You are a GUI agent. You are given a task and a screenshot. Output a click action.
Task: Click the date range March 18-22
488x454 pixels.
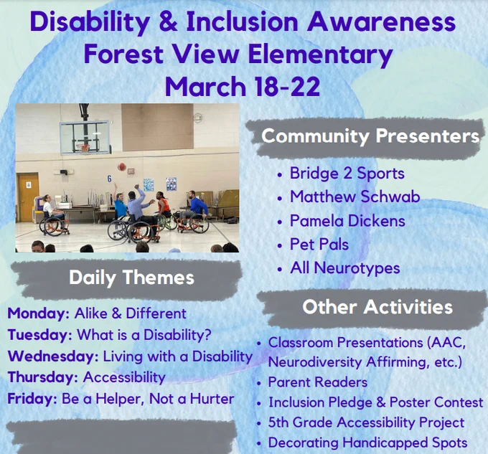(243, 86)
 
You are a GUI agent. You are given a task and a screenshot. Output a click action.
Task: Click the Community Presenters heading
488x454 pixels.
(370, 136)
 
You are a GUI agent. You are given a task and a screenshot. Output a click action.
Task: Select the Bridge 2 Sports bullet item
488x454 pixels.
(347, 173)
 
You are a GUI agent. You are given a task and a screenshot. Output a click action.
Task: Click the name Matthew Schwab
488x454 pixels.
(355, 197)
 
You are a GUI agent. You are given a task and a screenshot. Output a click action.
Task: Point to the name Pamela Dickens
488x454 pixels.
(347, 221)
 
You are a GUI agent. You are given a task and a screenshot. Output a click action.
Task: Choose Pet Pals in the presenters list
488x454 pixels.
(319, 245)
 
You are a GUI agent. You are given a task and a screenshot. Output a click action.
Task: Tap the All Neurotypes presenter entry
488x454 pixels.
(345, 268)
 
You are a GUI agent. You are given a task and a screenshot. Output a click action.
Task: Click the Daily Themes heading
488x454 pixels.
(131, 278)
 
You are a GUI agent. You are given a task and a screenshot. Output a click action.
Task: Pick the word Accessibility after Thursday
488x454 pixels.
(124, 377)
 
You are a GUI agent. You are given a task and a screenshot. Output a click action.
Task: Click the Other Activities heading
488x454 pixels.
(377, 307)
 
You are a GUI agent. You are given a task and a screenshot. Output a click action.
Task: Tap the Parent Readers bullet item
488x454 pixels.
(318, 382)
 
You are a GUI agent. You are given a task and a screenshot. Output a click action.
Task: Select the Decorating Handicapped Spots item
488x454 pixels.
(368, 443)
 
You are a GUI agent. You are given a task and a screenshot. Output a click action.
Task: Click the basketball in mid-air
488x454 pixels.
(122, 166)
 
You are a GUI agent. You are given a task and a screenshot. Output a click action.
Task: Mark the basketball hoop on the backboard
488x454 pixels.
(83, 147)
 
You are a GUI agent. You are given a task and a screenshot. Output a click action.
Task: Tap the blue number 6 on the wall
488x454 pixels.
(109, 179)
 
